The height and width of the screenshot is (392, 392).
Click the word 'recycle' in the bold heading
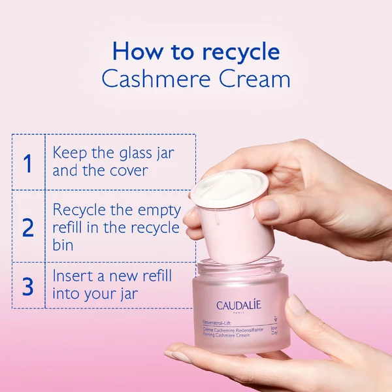point(240,52)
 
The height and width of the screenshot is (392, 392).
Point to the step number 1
point(27,163)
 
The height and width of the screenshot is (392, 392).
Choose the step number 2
point(27,227)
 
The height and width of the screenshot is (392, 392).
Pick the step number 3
point(27,286)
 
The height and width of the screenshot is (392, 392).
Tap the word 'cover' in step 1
point(125,171)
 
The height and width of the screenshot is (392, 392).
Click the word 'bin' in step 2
point(63,245)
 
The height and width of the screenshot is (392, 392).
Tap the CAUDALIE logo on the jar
point(240,305)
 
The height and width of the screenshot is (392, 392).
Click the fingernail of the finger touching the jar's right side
point(298,305)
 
